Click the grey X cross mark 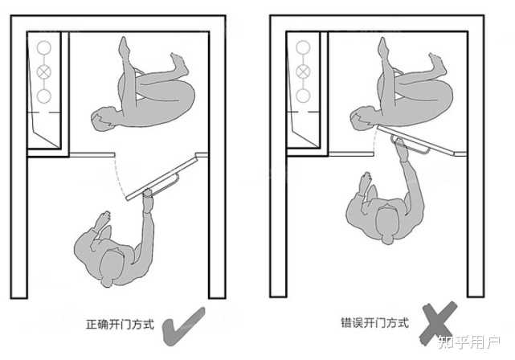[x=439, y=323]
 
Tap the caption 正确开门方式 [x=120, y=324]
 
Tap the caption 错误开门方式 [x=374, y=322]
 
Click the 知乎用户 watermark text [x=469, y=342]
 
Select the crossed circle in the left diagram [x=43, y=72]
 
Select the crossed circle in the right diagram [x=303, y=72]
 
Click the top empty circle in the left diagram [x=43, y=47]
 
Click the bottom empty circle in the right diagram [x=303, y=96]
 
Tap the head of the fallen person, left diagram [x=102, y=119]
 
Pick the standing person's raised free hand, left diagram [x=103, y=219]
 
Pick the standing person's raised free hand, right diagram [x=366, y=182]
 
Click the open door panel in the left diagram [x=161, y=178]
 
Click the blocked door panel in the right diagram [x=416, y=141]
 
